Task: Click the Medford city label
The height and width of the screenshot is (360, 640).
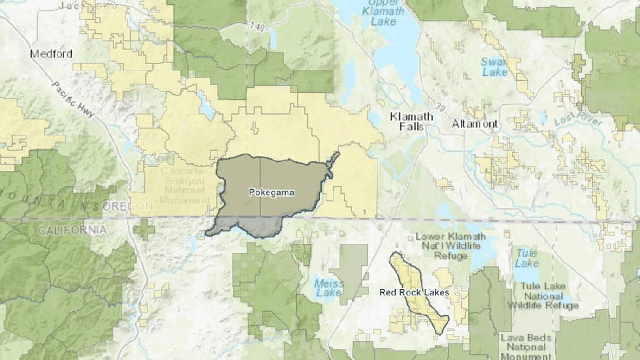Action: click(52, 54)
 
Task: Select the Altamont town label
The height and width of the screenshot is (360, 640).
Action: click(475, 124)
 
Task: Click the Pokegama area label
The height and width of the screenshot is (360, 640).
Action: click(271, 193)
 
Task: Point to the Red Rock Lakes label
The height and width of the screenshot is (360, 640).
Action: click(414, 293)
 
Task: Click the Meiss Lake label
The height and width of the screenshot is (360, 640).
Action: click(329, 288)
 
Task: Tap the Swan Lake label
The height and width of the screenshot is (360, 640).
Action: click(495, 67)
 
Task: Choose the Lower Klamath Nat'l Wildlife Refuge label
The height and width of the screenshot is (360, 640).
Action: click(447, 245)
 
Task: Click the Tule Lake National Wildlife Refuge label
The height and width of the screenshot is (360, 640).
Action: click(542, 295)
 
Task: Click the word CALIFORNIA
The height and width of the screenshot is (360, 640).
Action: click(72, 230)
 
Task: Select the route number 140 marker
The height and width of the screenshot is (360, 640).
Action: click(255, 27)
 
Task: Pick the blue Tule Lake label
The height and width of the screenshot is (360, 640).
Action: click(526, 258)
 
